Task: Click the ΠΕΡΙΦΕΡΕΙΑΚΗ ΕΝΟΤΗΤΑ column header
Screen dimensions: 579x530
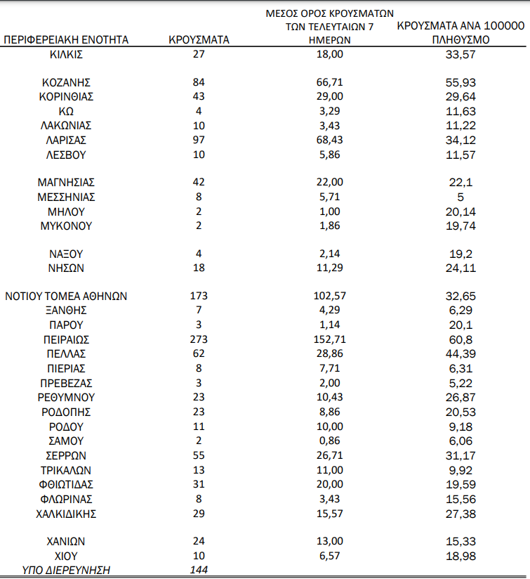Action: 67,40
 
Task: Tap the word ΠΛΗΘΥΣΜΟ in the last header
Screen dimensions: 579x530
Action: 461,40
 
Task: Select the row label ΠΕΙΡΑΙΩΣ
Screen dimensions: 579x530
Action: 67,339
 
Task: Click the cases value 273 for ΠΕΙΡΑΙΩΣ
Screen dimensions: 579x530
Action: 199,339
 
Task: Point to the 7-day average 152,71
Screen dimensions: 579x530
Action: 329,339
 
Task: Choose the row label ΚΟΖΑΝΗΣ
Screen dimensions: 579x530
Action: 67,82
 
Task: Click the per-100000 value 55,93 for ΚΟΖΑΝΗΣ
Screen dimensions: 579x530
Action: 461,82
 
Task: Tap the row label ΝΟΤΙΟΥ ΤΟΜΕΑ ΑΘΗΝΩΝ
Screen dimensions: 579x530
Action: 67,297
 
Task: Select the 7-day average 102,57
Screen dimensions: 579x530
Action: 329,297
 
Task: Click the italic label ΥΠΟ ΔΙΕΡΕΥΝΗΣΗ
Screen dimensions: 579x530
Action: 67,570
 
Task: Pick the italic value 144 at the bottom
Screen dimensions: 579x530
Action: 199,570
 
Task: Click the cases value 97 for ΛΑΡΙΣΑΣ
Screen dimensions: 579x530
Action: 199,140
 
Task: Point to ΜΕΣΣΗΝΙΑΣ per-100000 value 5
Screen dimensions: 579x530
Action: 461,197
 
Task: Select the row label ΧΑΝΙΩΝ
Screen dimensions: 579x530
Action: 67,542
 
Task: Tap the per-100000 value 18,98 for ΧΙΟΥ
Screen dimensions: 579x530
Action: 461,556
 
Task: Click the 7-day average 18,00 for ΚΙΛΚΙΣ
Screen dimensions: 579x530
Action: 329,54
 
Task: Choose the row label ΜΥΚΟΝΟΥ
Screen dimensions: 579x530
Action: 67,226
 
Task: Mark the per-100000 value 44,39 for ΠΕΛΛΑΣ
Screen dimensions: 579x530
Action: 461,353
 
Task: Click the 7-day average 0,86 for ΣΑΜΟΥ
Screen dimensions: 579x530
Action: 329,441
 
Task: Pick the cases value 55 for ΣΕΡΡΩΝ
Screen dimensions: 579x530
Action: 199,455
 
